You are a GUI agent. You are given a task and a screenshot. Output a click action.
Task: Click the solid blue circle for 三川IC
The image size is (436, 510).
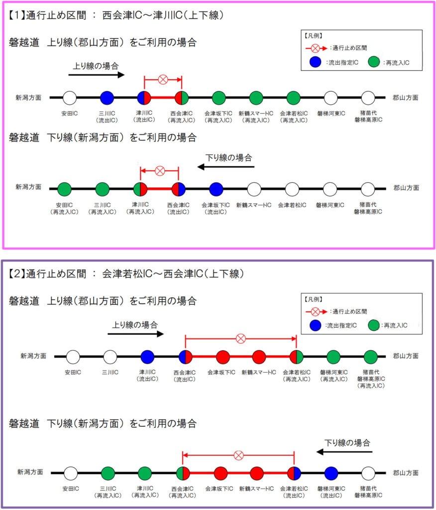click(x=107, y=98)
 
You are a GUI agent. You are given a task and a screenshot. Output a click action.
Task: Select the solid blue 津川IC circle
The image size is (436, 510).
click(x=147, y=357)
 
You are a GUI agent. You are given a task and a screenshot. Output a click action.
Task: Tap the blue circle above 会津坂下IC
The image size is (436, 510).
click(x=216, y=189)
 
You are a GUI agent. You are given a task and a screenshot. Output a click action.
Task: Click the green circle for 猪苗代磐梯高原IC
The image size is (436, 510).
click(x=370, y=357)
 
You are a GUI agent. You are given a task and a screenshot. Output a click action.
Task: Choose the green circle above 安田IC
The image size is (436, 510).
click(x=65, y=189)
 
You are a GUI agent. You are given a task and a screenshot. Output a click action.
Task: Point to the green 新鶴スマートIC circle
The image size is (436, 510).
click(x=256, y=98)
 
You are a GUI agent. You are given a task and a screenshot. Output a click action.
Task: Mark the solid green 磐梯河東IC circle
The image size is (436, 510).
click(x=333, y=357)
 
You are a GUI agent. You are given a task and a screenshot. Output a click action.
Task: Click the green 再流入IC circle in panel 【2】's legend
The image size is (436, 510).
click(x=374, y=326)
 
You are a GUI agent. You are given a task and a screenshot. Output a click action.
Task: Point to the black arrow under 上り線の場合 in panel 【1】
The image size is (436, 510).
click(x=96, y=75)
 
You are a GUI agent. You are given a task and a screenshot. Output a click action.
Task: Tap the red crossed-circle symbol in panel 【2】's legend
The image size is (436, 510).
click(x=315, y=311)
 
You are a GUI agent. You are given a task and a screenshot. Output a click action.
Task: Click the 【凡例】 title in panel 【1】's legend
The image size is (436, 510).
click(x=314, y=36)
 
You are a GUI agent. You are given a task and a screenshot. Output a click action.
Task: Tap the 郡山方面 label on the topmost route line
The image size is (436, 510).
click(x=406, y=98)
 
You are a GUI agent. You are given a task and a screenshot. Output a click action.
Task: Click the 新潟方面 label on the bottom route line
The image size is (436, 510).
click(x=30, y=472)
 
